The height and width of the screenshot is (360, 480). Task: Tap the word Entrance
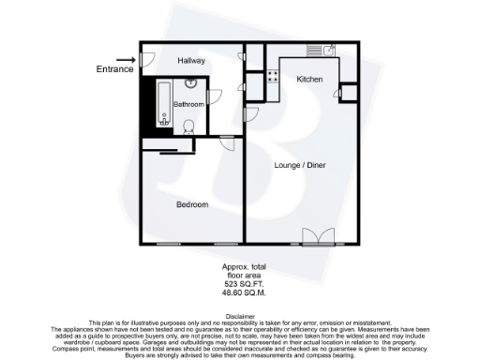pyautogui.click(x=113, y=68)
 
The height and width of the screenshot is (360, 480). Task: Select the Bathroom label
pyautogui.click(x=188, y=104)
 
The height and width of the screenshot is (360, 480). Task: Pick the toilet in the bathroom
pyautogui.click(x=188, y=126)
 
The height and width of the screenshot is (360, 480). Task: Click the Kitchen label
pyautogui.click(x=309, y=80)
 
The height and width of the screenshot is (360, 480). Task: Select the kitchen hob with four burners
pyautogui.click(x=273, y=77)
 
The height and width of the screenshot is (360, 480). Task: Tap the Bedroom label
pyautogui.click(x=191, y=203)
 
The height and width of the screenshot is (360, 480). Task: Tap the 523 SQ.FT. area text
pyautogui.click(x=239, y=283)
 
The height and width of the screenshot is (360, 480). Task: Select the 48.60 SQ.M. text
pyautogui.click(x=239, y=292)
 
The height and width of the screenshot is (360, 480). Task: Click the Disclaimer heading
pyautogui.click(x=239, y=316)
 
